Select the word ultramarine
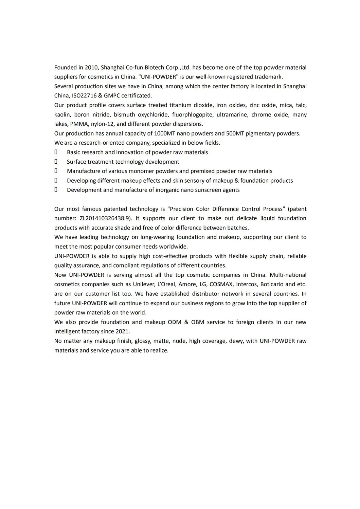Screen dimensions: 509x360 coord(232,115)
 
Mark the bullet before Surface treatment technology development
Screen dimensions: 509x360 coord(56,162)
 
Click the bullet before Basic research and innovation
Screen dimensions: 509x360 coord(56,152)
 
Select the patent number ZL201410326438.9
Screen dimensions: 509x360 coord(105,218)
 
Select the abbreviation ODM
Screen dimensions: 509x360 coord(175,322)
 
